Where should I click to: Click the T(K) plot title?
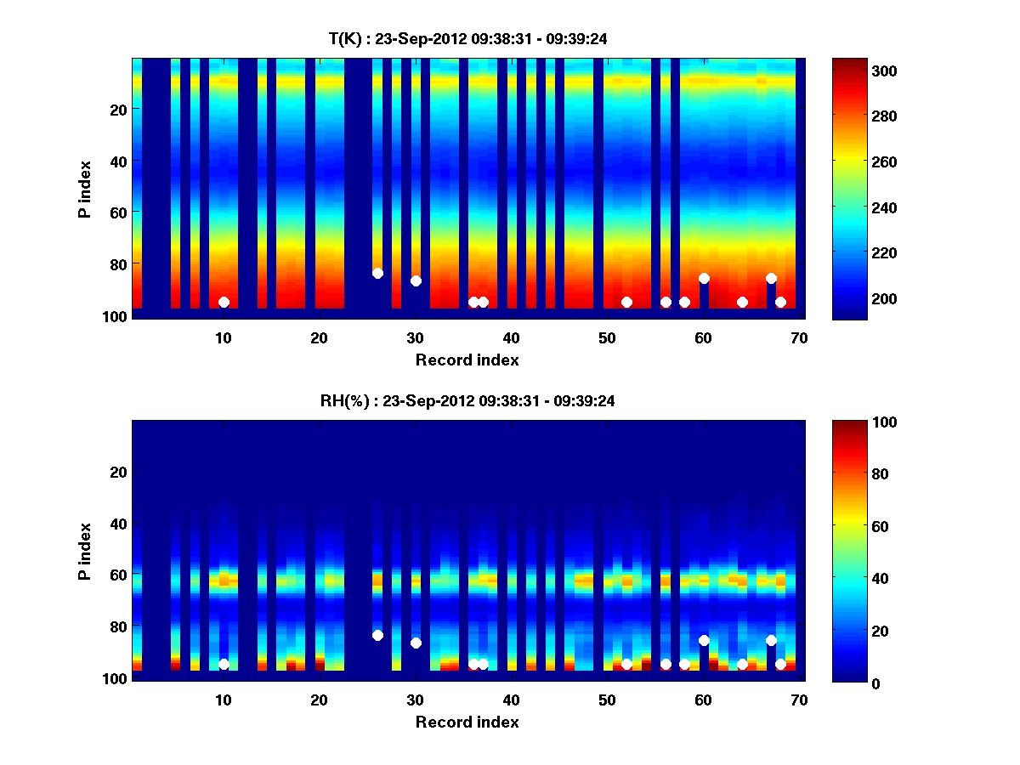coord(467,38)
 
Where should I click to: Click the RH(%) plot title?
coord(462,400)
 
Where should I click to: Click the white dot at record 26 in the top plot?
coord(377,273)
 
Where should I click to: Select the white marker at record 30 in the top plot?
coord(416,280)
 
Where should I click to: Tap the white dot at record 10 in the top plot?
coord(224,302)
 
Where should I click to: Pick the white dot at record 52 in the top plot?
coord(626,302)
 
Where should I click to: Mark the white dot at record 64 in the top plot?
coord(742,302)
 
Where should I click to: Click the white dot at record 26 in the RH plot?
coord(377,635)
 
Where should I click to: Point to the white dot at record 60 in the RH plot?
coord(704,640)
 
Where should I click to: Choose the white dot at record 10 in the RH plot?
coord(224,664)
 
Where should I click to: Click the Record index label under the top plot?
coord(467,360)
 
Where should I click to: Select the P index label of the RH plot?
coord(84,551)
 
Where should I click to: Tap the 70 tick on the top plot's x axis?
coord(798,337)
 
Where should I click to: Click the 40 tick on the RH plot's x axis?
coord(511,700)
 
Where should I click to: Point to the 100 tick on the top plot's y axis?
coord(116,316)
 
